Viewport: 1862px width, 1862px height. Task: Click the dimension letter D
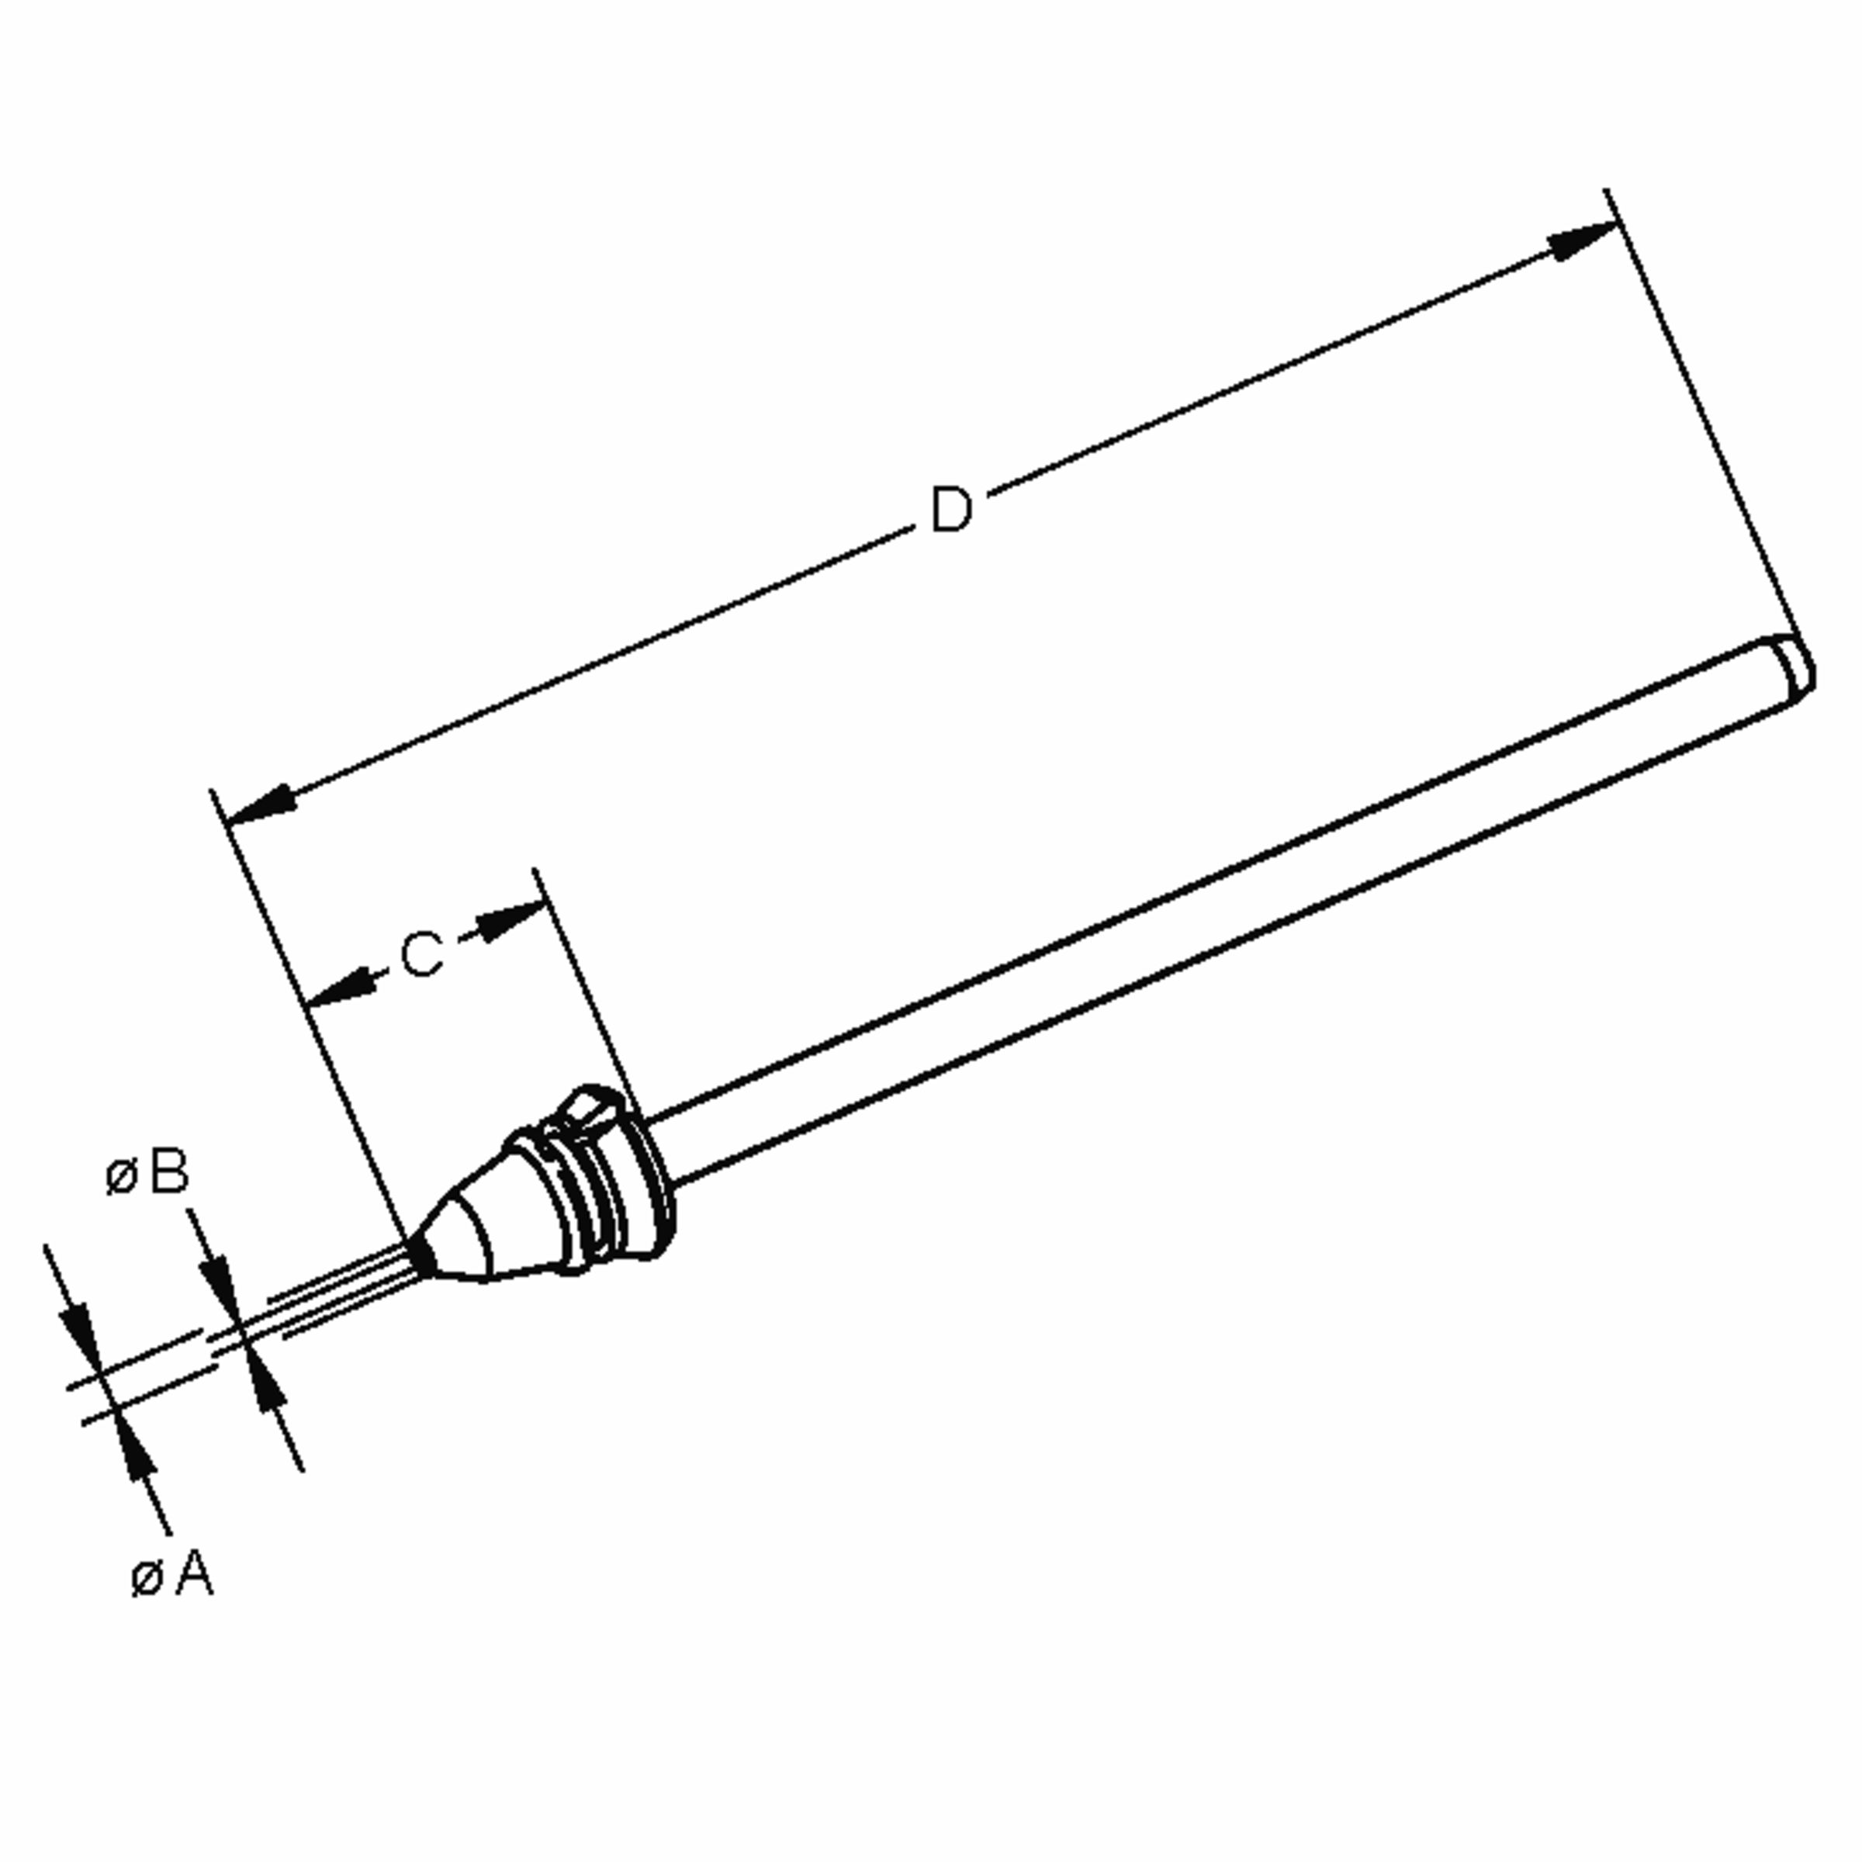pyautogui.click(x=950, y=509)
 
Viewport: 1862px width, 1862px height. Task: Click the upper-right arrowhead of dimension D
pyautogui.click(x=1580, y=241)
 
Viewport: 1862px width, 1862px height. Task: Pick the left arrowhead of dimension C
pyautogui.click(x=341, y=988)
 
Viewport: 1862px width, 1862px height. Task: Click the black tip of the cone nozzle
pyautogui.click(x=421, y=1253)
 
